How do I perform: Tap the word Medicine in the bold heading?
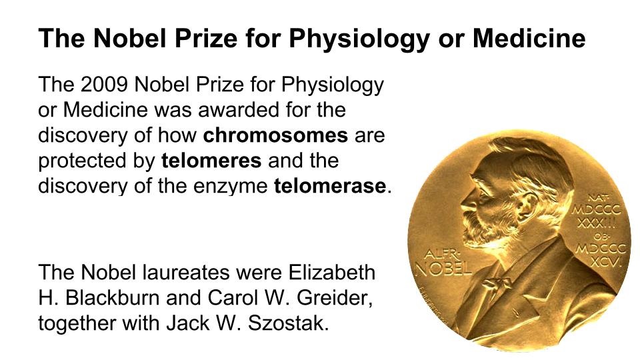click(x=529, y=38)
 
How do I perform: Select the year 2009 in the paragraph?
click(x=105, y=84)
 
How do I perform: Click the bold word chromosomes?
click(x=275, y=135)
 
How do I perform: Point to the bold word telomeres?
click(x=211, y=161)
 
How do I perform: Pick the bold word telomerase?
click(x=330, y=186)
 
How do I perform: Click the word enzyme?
click(x=230, y=187)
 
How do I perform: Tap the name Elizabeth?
click(x=332, y=272)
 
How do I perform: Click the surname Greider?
click(x=334, y=297)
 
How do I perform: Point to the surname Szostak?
click(x=288, y=323)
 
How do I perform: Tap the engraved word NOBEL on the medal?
click(x=443, y=268)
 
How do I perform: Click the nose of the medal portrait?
click(x=467, y=201)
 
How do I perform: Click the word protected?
click(x=83, y=161)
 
